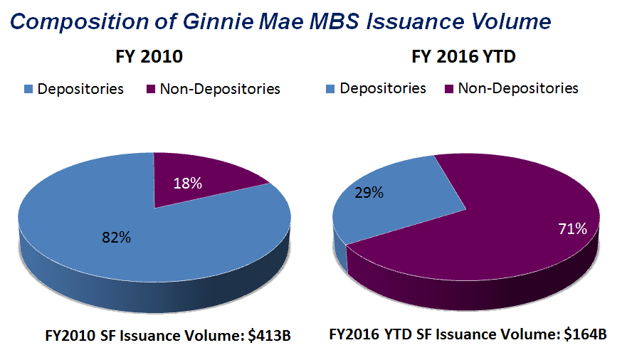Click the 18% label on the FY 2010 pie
pos(188,183)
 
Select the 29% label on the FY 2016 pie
pos(369,193)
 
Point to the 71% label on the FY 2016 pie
pos(572,229)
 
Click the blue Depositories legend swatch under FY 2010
pos(29,90)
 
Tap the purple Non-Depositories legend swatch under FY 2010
pos(151,90)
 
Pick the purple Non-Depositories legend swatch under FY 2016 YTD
pos(449,89)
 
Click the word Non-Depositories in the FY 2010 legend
pos(220,89)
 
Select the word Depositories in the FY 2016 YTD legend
pos(383,88)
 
